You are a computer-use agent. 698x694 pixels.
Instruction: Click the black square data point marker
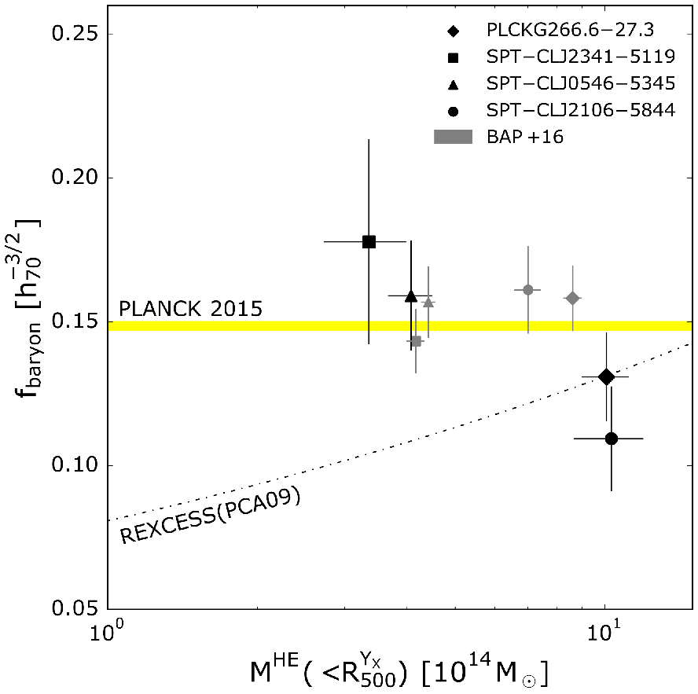(369, 242)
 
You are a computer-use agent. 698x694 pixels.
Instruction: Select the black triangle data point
(411, 296)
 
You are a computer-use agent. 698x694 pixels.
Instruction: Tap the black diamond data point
(606, 377)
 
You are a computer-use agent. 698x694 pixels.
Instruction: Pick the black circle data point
(612, 439)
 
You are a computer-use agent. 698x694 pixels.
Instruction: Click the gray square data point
(416, 341)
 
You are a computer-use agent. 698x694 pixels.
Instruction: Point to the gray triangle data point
(428, 303)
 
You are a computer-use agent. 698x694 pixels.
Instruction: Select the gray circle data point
(528, 290)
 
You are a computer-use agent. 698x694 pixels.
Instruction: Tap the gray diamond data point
(572, 298)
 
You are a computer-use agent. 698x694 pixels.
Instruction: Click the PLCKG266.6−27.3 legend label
(570, 30)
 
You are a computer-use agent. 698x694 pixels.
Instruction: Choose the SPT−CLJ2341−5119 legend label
(581, 57)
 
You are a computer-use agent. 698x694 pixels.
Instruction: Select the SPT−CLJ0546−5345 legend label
(581, 83)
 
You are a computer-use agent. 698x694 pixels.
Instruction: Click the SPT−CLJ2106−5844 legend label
(581, 110)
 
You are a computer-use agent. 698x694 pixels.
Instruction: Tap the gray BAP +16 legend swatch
(454, 137)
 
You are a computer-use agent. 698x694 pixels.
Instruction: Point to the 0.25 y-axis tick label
(75, 34)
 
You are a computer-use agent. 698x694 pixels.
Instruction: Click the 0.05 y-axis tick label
(75, 608)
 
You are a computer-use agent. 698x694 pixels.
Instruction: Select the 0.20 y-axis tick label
(75, 178)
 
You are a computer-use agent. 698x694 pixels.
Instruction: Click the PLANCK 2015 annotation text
(190, 309)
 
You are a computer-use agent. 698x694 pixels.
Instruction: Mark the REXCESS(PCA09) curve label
(210, 516)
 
